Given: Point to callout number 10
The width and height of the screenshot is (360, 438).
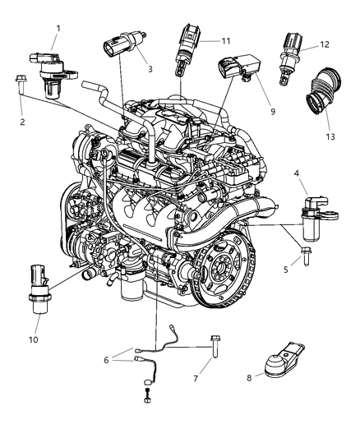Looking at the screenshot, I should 35,339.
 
